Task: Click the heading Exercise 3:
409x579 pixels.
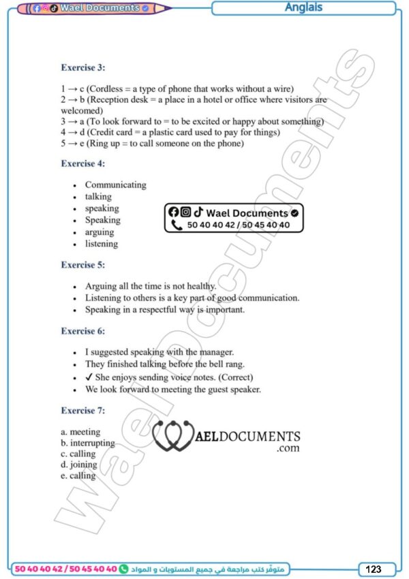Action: [82, 67]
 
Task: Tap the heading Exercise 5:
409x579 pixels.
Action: [82, 264]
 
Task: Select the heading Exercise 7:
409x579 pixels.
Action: [82, 411]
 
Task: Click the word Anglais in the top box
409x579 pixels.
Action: [303, 8]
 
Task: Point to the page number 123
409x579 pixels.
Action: [374, 569]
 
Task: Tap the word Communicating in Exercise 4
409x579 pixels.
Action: [115, 185]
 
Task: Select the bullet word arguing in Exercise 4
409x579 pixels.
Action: [100, 232]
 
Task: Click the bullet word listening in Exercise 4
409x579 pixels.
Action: [101, 244]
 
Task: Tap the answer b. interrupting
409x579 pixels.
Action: [87, 443]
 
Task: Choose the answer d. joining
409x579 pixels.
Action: [79, 465]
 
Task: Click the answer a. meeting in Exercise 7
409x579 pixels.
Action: [80, 432]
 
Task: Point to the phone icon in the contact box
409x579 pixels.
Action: [177, 225]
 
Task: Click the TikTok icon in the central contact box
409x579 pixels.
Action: [198, 213]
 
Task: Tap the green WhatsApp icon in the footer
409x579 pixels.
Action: [123, 568]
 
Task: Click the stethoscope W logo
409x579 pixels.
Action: [172, 437]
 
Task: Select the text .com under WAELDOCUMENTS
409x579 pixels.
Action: [288, 449]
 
